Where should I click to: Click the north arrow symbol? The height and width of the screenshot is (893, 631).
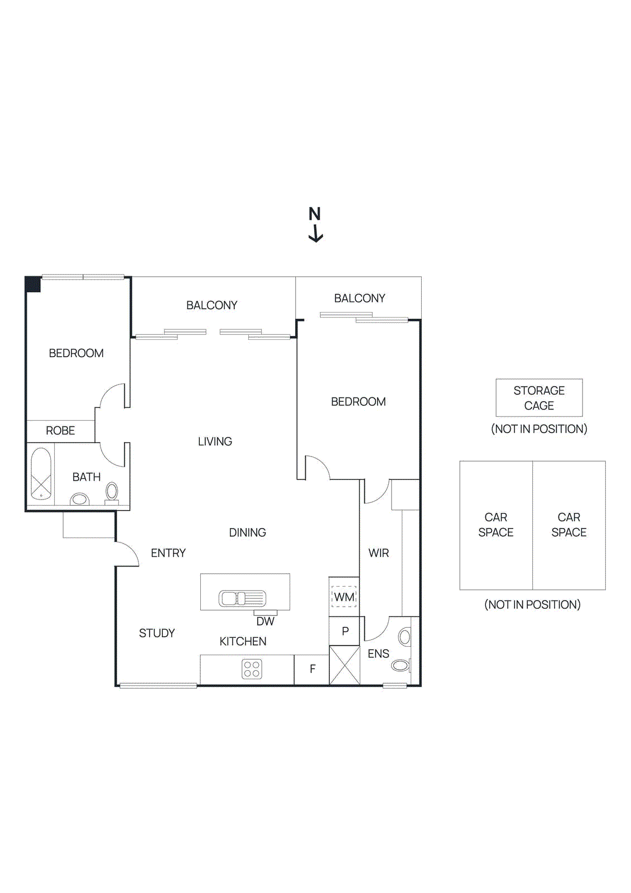315,225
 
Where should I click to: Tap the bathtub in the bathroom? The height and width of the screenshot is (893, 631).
41,473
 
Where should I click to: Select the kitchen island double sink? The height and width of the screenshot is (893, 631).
242,599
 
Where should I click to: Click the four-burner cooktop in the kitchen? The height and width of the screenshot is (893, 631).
252,669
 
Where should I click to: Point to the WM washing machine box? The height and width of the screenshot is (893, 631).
344,597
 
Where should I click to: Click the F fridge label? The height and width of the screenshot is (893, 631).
312,669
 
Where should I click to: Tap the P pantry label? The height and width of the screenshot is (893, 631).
345,631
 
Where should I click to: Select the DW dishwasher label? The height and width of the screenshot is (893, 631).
265,621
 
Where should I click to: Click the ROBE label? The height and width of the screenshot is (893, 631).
60,431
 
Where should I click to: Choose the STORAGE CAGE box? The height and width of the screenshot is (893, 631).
539,398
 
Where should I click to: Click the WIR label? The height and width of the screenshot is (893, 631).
379,553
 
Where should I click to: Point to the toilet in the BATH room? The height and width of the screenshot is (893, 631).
112,492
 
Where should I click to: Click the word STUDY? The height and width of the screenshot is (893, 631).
157,633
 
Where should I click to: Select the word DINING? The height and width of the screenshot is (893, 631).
247,532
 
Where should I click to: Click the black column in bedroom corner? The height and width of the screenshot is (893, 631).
33,284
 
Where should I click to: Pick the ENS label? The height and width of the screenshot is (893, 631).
378,654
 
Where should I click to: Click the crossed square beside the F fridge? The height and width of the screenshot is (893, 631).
344,665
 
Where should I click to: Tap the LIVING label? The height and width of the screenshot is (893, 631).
215,441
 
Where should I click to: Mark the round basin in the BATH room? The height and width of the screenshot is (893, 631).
80,499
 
